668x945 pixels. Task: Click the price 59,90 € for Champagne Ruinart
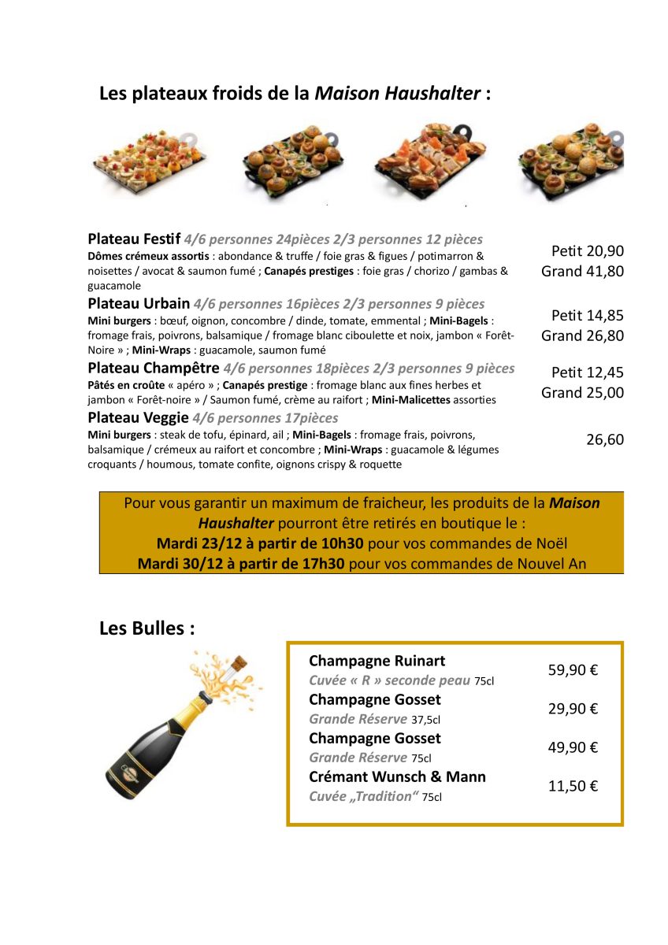coord(573,670)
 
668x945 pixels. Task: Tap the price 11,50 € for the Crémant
coord(573,786)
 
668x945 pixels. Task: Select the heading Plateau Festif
coord(134,239)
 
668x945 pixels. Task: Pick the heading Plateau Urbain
coord(139,304)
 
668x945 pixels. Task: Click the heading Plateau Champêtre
coord(154,369)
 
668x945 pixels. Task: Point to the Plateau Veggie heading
coord(138,418)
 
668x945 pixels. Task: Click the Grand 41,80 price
coord(582,272)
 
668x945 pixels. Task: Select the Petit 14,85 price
coord(587,316)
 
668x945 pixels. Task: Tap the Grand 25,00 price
coord(582,393)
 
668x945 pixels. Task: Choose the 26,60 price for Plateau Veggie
coord(604,440)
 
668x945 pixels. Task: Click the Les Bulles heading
coord(147,628)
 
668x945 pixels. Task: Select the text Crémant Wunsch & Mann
coord(397,777)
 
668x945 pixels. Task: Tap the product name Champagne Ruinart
coord(377,661)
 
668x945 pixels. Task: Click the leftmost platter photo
coord(149,160)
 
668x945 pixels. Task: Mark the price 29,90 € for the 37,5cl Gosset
coord(573,709)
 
